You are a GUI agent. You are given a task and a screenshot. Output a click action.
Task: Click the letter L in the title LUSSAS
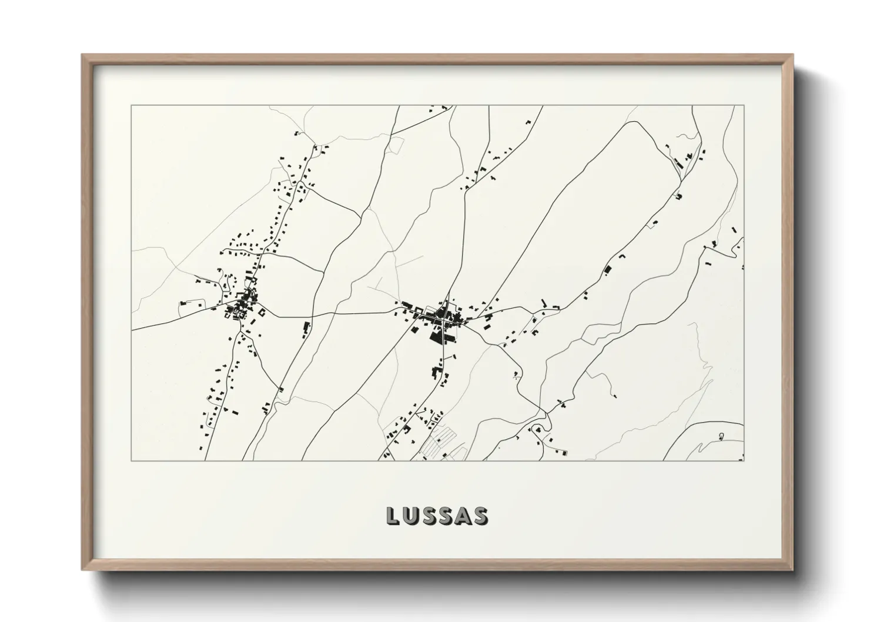click(x=393, y=516)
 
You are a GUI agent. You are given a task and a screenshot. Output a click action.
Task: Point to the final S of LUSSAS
click(x=480, y=516)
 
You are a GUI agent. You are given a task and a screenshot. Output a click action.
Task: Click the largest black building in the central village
click(x=437, y=337)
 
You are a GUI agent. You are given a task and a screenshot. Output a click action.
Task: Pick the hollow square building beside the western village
click(x=259, y=313)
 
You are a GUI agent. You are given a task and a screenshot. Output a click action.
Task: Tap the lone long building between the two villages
click(x=305, y=327)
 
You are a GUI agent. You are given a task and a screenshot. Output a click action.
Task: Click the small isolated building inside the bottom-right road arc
click(x=721, y=436)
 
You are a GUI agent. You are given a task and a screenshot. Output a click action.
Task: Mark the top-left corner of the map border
click(x=132, y=106)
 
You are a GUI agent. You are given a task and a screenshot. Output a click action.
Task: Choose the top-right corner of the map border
click(x=744, y=106)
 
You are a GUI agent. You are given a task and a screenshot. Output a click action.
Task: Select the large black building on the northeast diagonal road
click(x=608, y=269)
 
